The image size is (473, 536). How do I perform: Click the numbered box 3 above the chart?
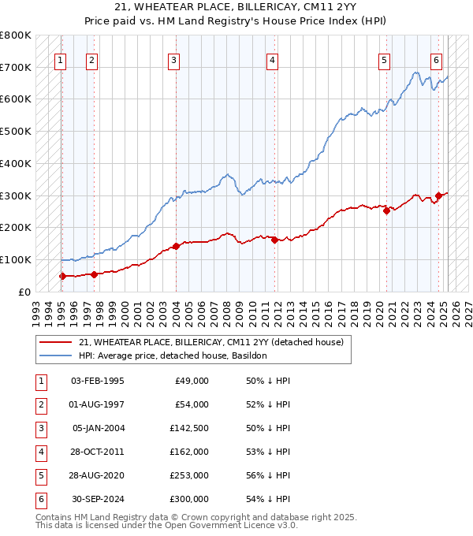pos(173,60)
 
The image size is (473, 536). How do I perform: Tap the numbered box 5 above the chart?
pos(384,60)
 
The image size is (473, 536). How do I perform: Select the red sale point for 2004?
pos(177,246)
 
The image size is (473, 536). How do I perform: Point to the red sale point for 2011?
pos(274,240)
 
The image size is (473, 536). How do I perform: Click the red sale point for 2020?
pos(387,210)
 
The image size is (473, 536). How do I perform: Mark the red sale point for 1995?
pos(61,276)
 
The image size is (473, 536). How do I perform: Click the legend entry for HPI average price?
pos(173,355)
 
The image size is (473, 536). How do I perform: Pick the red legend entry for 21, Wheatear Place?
pos(210,342)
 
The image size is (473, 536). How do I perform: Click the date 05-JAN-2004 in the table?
pos(98,428)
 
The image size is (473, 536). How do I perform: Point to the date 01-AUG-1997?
pos(98,404)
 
